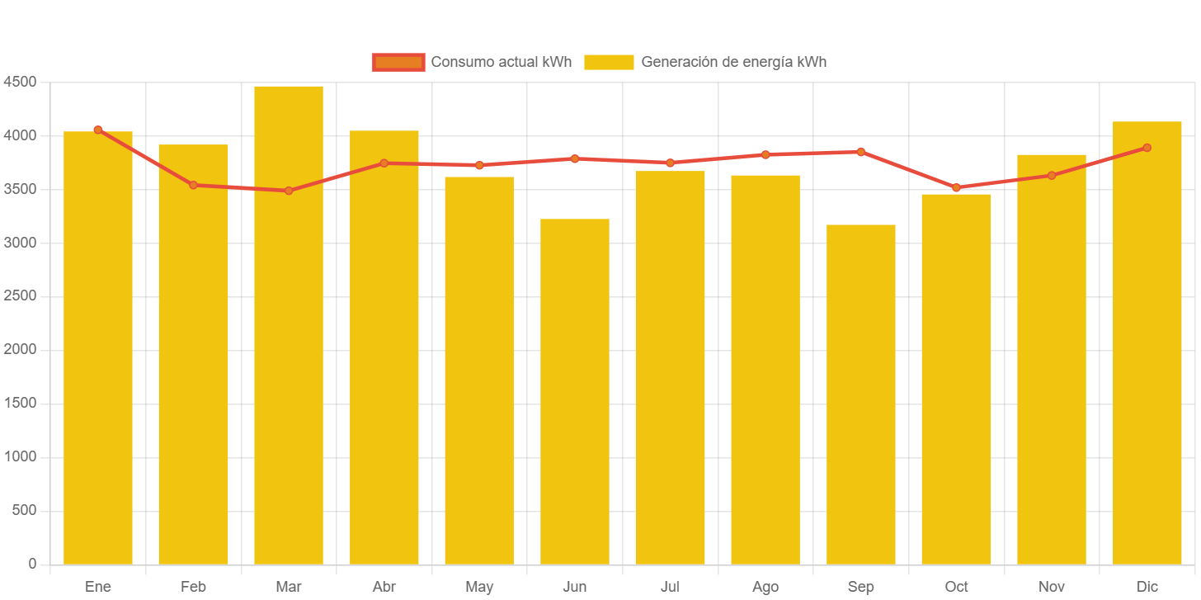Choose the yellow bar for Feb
pyautogui.click(x=193, y=354)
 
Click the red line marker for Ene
pyautogui.click(x=98, y=130)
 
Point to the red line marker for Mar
pyautogui.click(x=289, y=191)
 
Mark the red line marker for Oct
pyautogui.click(x=956, y=187)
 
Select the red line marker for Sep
pyautogui.click(x=861, y=152)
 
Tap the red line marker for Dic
pyautogui.click(x=1147, y=148)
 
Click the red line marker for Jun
pyautogui.click(x=575, y=158)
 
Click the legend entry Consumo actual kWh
pyautogui.click(x=472, y=62)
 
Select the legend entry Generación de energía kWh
pyautogui.click(x=705, y=62)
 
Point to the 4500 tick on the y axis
pyautogui.click(x=20, y=82)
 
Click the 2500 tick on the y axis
pyautogui.click(x=20, y=296)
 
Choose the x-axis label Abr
pyautogui.click(x=384, y=587)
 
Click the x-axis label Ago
pyautogui.click(x=765, y=587)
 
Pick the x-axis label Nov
pyautogui.click(x=1052, y=587)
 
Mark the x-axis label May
pyautogui.click(x=479, y=587)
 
